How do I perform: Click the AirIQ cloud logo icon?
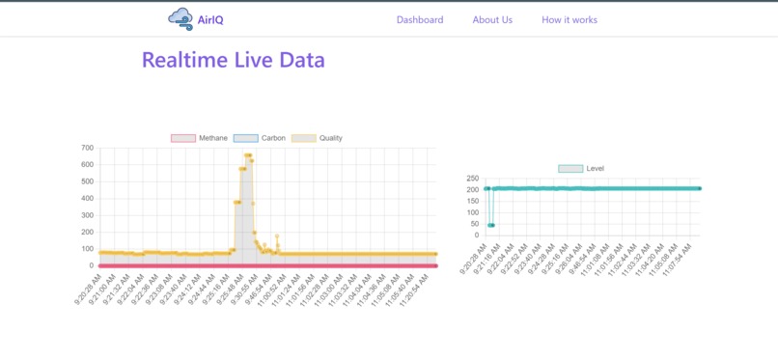(180, 18)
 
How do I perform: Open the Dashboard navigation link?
(420, 19)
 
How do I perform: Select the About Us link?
(492, 19)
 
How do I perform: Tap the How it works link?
(570, 19)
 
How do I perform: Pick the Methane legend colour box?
(183, 138)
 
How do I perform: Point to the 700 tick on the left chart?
(87, 148)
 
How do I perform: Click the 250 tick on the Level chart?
(473, 179)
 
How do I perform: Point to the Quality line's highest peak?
(248, 155)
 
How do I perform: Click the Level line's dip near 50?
(491, 225)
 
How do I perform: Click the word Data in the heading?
(302, 60)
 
